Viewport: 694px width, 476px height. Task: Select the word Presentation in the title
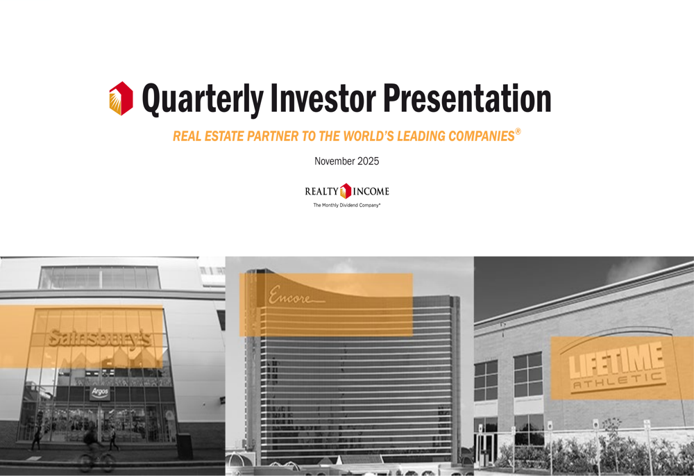467,99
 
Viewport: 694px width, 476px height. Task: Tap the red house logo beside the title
121,98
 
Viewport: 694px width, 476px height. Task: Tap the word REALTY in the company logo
322,191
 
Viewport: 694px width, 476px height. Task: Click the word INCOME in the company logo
371,191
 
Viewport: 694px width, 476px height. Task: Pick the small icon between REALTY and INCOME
346,190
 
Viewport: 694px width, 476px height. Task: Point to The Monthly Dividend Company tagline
347,206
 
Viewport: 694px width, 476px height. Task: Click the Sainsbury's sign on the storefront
99,338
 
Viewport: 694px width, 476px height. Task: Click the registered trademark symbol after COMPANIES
518,131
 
